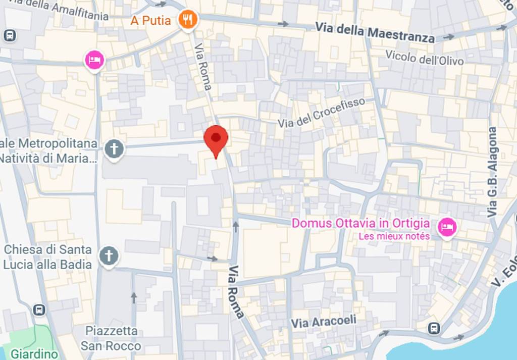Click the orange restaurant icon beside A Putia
coord(188,20)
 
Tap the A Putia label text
coord(151,21)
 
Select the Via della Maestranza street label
coord(375,32)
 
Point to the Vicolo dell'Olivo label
coord(424,58)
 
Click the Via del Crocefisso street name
coord(321,113)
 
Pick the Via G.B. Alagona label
coord(492,172)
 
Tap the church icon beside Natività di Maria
coord(114,149)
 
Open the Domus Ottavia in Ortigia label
coord(361,223)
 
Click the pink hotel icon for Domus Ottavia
coord(447,227)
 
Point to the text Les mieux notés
coord(394,236)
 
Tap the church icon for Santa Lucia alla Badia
coord(109,256)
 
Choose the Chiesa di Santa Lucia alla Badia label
coord(47,256)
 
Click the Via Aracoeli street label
coord(324,322)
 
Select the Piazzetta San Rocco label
coord(111,338)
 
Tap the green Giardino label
coord(34,353)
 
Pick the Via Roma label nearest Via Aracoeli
coord(236,291)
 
